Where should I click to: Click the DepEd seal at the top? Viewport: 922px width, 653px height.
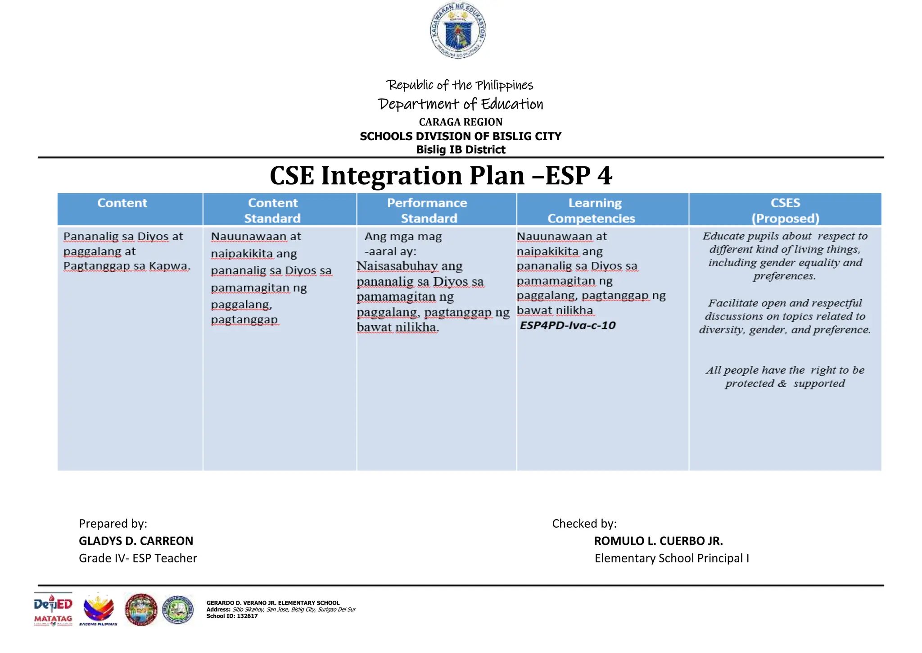pos(458,31)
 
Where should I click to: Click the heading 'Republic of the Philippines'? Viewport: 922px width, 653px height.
pos(460,85)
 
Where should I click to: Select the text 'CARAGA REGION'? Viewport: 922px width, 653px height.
pos(461,122)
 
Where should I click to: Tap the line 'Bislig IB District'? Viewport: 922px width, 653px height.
pos(461,150)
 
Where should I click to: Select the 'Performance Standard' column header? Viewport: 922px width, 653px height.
pos(428,210)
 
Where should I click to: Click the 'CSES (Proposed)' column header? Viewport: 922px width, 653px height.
pos(785,210)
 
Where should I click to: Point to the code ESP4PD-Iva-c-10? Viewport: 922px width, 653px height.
pos(567,325)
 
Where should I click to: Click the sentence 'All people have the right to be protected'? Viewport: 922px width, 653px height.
pos(785,377)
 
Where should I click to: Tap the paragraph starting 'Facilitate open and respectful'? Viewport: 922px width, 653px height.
pos(785,316)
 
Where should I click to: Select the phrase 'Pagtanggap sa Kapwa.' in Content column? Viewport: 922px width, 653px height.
pos(127,266)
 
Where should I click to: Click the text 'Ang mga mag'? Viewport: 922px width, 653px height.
pos(403,237)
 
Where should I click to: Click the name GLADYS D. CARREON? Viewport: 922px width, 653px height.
pos(136,541)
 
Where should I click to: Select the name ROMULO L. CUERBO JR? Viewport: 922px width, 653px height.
pos(658,541)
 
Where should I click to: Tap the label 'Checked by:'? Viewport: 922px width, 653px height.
pos(584,524)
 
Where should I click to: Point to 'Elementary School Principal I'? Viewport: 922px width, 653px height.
pos(672,558)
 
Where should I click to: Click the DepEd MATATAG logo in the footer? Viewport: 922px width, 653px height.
pos(53,610)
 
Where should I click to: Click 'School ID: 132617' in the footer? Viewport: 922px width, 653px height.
pos(232,616)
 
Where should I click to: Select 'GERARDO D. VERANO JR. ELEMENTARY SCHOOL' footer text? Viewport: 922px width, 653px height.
pos(273,603)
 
